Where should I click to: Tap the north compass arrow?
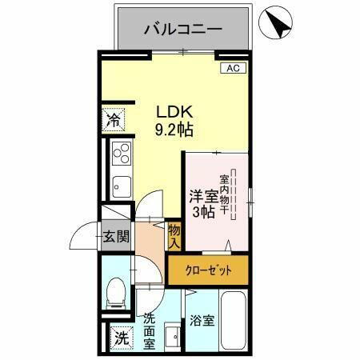click(x=278, y=22)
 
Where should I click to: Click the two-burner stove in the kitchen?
click(x=122, y=151)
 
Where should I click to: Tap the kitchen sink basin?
click(x=122, y=184)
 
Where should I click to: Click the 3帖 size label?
click(x=202, y=212)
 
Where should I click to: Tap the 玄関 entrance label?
click(x=116, y=236)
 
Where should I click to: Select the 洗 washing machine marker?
click(x=119, y=338)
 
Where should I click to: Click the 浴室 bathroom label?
click(x=202, y=321)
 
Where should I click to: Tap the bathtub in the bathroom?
click(x=234, y=324)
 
